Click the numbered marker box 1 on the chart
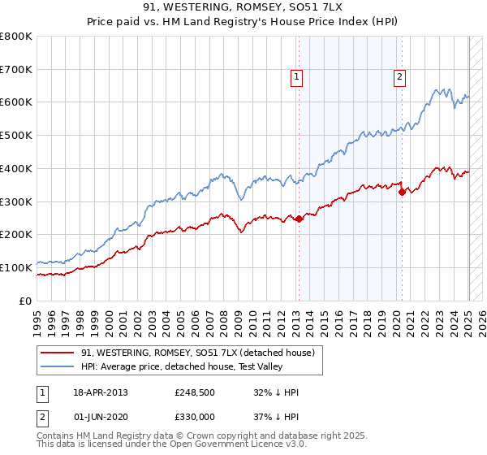point(297,77)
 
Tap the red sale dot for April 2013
point(299,219)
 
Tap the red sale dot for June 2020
point(402,192)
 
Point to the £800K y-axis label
point(16,37)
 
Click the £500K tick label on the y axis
point(16,136)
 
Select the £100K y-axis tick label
point(16,267)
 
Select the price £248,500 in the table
point(194,392)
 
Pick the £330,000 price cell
point(194,416)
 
